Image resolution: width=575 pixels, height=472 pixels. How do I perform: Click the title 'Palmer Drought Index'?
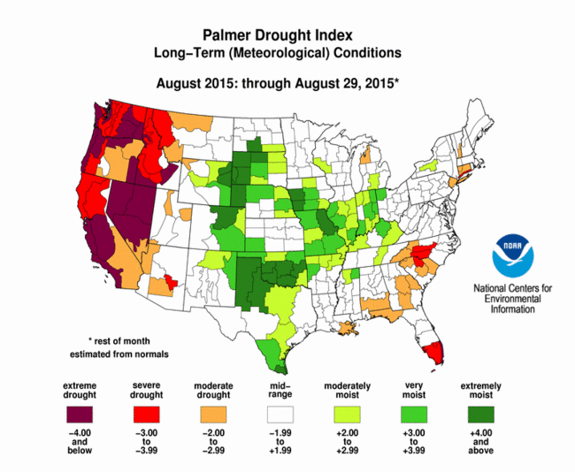click(x=278, y=35)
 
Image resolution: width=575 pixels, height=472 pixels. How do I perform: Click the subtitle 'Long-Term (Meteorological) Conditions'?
click(x=278, y=53)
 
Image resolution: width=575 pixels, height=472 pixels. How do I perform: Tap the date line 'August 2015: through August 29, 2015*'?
click(x=278, y=84)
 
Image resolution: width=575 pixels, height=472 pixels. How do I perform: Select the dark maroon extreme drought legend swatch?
click(x=80, y=415)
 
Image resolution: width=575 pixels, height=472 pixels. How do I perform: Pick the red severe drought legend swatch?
click(x=147, y=415)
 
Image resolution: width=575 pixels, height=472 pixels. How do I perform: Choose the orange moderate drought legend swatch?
click(x=213, y=415)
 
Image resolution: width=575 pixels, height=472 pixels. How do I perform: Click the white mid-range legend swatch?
click(x=280, y=415)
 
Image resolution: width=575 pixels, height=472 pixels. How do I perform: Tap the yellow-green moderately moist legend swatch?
click(x=348, y=415)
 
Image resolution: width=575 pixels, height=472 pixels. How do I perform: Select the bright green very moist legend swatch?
click(x=414, y=415)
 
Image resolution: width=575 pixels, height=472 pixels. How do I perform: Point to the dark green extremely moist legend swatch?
click(x=481, y=415)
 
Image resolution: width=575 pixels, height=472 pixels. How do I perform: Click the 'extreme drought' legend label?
click(x=80, y=391)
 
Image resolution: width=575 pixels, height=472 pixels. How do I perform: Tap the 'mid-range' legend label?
click(x=280, y=391)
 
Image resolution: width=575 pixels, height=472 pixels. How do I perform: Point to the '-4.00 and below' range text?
click(x=80, y=442)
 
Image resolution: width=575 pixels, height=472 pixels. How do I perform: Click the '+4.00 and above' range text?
click(x=481, y=442)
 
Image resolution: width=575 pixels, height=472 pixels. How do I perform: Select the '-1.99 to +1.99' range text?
click(x=280, y=442)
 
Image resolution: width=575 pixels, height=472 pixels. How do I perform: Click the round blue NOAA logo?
click(x=513, y=255)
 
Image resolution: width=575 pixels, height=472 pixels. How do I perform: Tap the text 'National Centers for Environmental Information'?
click(x=513, y=298)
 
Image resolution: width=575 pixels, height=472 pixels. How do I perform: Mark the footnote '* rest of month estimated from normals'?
click(x=119, y=347)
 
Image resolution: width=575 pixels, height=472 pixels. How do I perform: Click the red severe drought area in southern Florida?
click(x=433, y=352)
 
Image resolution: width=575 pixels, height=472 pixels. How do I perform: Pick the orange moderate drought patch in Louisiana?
click(x=348, y=328)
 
